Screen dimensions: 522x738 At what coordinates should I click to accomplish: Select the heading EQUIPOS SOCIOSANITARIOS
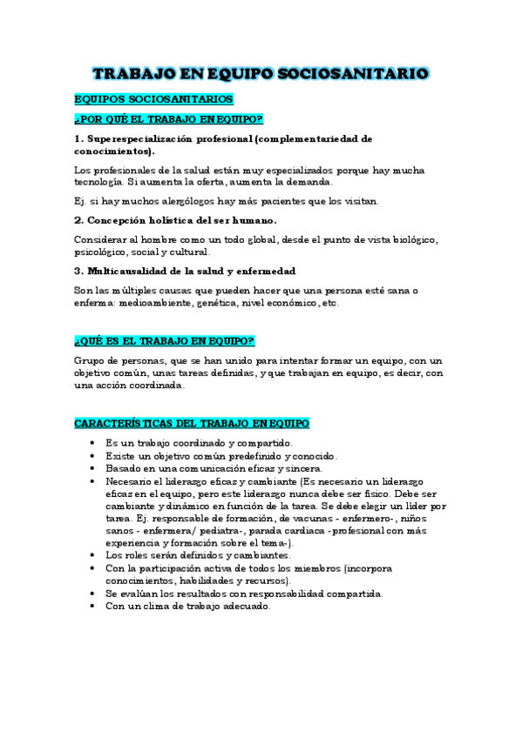click(x=154, y=100)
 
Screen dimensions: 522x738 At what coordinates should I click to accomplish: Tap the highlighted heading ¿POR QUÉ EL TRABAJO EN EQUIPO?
click(x=170, y=118)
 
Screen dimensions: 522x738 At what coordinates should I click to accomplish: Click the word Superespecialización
click(x=144, y=138)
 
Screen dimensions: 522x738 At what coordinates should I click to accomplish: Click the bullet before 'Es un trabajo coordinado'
click(x=93, y=443)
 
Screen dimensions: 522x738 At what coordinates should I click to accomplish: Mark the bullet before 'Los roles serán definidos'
click(x=93, y=555)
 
